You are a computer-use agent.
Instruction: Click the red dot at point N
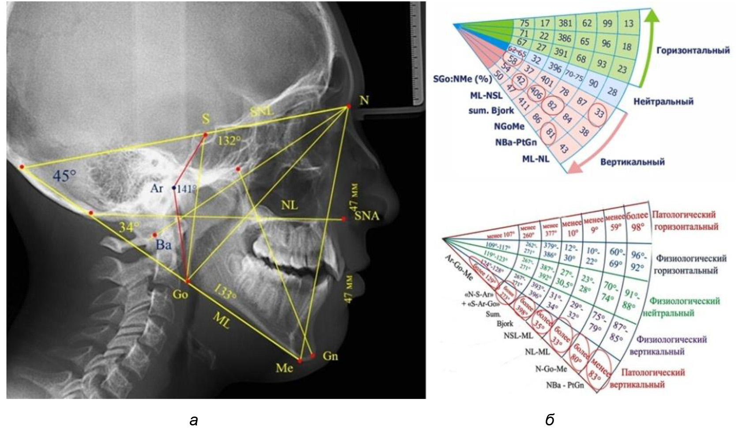click(x=348, y=106)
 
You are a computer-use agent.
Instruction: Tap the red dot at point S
click(x=205, y=135)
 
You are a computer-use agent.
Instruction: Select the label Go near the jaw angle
click(x=180, y=294)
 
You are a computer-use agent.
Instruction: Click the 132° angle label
click(x=229, y=141)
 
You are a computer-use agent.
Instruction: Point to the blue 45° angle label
click(x=64, y=176)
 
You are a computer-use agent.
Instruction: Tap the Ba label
click(x=163, y=244)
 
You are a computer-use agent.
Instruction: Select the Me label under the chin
click(x=284, y=368)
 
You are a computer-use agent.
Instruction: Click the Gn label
click(x=330, y=356)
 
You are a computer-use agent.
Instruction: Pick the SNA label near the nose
click(x=366, y=216)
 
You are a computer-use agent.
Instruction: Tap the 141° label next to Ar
click(x=186, y=189)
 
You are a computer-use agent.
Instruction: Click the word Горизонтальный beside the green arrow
click(x=693, y=50)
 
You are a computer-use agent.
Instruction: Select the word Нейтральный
click(x=663, y=102)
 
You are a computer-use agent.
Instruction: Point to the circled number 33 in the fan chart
click(x=599, y=114)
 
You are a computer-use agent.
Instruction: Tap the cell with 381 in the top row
click(x=565, y=23)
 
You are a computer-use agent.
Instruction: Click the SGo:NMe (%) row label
click(x=462, y=80)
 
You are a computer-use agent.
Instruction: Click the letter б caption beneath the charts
click(x=550, y=420)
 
